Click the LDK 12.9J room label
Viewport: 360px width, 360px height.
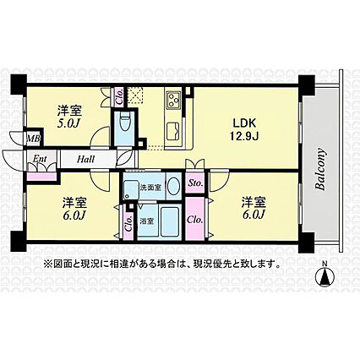tap(244, 129)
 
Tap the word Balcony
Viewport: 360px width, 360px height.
tap(320, 169)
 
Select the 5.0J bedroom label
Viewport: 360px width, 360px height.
tap(69, 117)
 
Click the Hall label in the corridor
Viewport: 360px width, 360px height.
tap(85, 160)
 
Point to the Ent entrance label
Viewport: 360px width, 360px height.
tap(40, 159)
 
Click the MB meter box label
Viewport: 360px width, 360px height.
tap(34, 139)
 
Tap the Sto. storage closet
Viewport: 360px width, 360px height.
tap(195, 183)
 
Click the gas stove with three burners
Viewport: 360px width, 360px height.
tap(173, 100)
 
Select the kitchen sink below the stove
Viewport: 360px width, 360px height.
tap(173, 131)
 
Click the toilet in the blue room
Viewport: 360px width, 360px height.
tap(124, 122)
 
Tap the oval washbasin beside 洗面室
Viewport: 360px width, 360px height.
tap(174, 186)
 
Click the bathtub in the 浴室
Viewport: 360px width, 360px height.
tap(170, 221)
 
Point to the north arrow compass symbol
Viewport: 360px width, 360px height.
tap(325, 276)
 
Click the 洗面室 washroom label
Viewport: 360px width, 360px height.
tap(150, 188)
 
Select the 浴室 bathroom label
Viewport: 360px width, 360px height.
tap(147, 221)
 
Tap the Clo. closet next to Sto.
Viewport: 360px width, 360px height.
tap(195, 219)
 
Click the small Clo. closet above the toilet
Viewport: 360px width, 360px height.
tap(119, 97)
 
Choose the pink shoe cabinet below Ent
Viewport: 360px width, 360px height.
tap(41, 177)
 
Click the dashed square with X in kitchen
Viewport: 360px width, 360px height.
tap(135, 96)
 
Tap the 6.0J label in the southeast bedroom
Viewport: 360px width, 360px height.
tap(254, 209)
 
